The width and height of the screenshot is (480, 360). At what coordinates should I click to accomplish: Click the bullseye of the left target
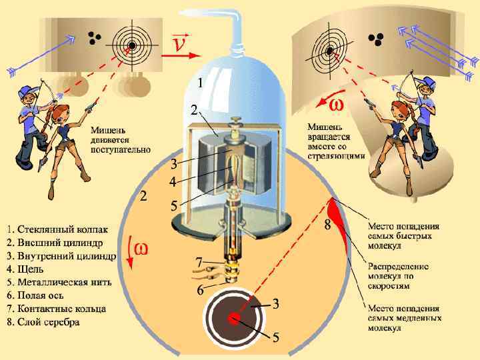(x=132, y=45)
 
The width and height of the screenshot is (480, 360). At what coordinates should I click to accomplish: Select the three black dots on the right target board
(x=377, y=39)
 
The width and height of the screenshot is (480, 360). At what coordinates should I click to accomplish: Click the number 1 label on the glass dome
(x=199, y=83)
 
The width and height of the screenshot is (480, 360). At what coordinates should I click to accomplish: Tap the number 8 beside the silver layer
(x=328, y=225)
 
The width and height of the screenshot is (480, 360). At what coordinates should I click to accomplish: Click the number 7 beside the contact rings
(x=199, y=261)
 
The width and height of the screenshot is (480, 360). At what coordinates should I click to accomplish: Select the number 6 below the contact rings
(x=200, y=291)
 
